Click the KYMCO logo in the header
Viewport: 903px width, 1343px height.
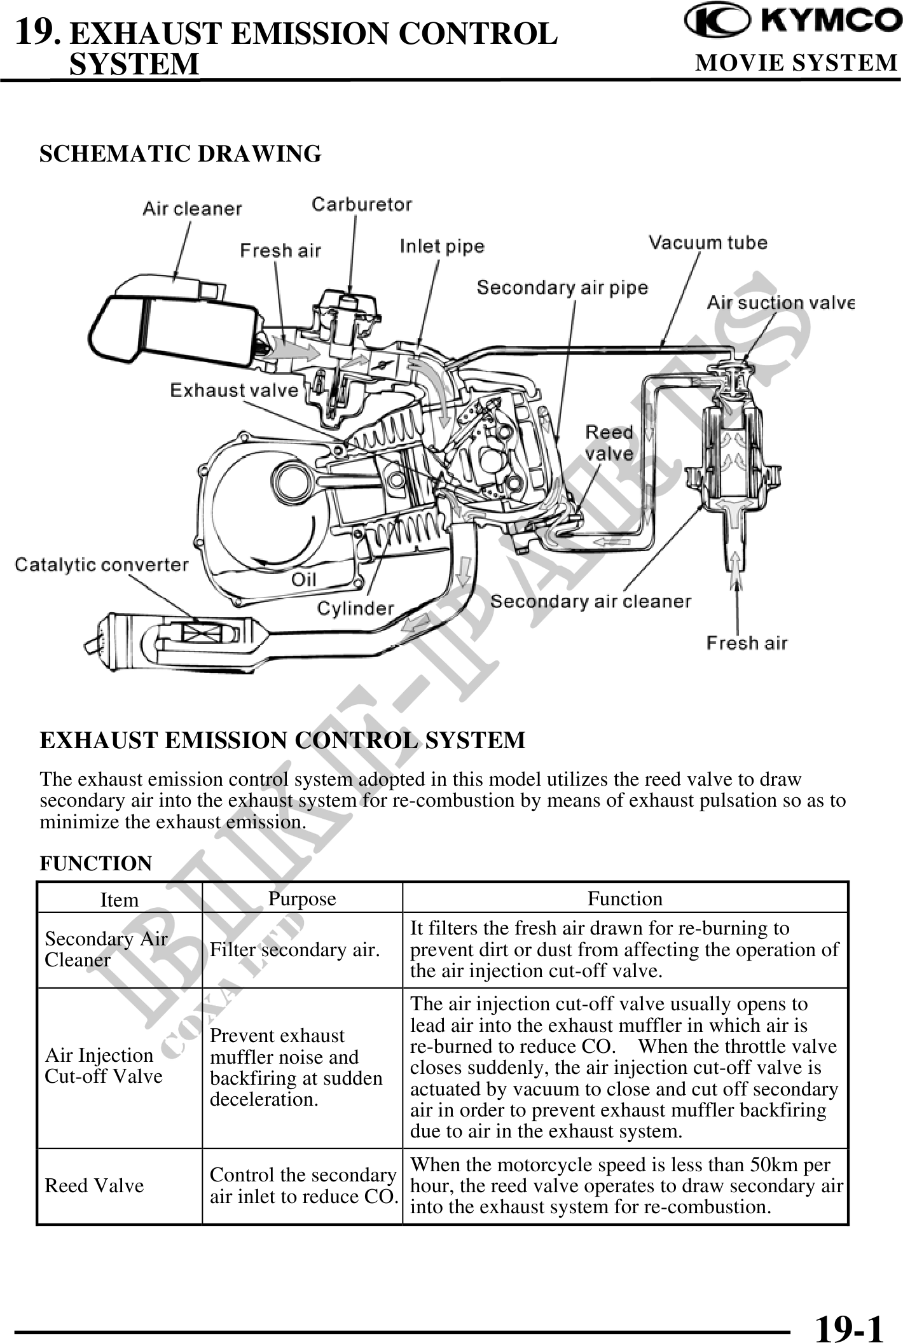[x=792, y=21]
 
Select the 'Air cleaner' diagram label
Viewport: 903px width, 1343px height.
[x=192, y=209]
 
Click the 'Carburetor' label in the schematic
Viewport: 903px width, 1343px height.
[x=361, y=204]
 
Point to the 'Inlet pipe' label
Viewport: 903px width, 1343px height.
[x=442, y=246]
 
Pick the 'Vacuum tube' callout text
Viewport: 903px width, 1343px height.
[x=708, y=242]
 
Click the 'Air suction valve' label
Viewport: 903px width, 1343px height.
[x=780, y=303]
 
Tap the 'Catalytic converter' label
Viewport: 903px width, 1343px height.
[x=102, y=564]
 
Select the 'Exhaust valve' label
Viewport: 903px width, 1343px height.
[x=234, y=390]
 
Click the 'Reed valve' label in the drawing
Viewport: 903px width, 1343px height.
[x=609, y=443]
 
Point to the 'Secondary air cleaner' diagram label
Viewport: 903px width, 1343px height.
[x=591, y=601]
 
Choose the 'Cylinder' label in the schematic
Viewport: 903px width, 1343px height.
[x=355, y=608]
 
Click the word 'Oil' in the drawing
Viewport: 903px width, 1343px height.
[x=304, y=579]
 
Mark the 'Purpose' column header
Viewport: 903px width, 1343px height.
[x=302, y=898]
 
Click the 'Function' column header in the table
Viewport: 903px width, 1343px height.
[x=624, y=898]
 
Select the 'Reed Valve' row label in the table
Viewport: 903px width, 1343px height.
[x=94, y=1185]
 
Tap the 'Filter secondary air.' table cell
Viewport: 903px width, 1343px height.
[x=295, y=950]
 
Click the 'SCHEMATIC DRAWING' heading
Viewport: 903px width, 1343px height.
[x=181, y=154]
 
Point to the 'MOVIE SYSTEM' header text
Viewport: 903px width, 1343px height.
[x=796, y=63]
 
